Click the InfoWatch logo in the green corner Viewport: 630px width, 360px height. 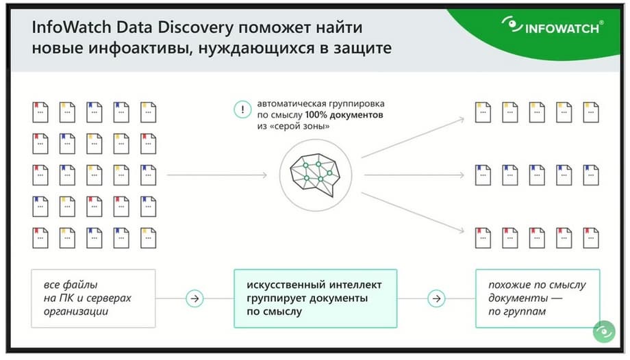click(553, 26)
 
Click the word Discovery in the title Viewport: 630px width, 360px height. click(195, 28)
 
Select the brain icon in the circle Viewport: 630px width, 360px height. click(315, 175)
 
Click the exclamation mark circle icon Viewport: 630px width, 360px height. click(242, 110)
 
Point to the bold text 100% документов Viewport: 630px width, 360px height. click(344, 115)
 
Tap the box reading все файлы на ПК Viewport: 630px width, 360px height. click(93, 298)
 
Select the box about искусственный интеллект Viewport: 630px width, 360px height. click(316, 298)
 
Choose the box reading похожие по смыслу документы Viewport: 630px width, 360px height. click(538, 298)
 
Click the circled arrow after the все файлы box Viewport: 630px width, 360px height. click(194, 298)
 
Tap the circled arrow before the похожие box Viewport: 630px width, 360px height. click(436, 298)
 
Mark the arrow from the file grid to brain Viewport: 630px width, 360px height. click(217, 175)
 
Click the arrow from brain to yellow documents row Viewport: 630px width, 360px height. click(413, 138)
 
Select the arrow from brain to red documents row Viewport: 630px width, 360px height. click(413, 213)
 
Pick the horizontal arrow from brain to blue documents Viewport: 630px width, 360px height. click(414, 175)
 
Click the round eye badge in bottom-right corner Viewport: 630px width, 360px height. click(604, 331)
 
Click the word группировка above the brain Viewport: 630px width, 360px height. click(357, 104)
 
